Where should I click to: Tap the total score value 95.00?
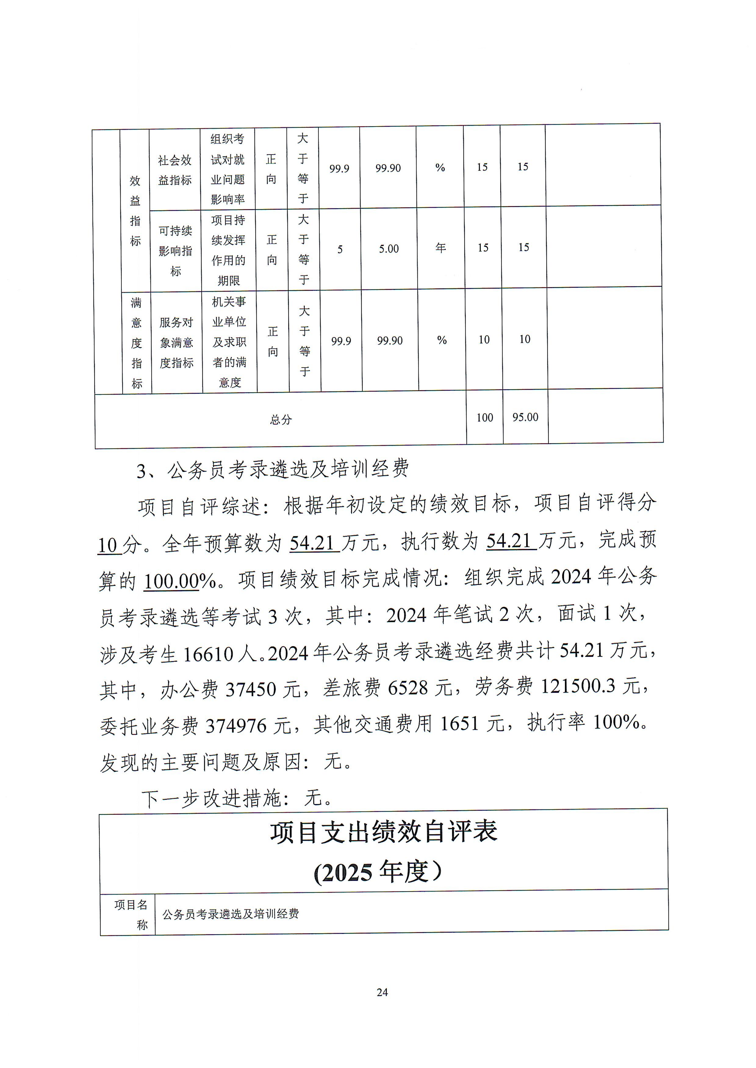525,417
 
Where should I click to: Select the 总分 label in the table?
281,420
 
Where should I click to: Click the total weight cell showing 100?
485,418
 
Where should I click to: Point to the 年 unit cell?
440,248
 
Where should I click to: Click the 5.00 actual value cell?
389,249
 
